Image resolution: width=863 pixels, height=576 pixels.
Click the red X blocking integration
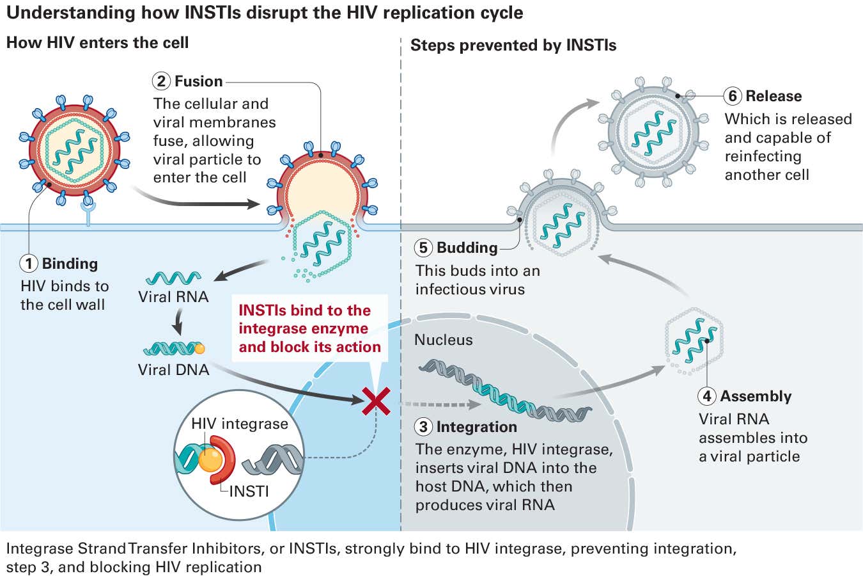(377, 401)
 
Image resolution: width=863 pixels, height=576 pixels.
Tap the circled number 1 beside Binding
(29, 264)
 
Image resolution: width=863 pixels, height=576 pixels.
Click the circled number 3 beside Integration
(423, 427)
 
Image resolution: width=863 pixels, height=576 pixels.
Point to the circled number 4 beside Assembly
(707, 396)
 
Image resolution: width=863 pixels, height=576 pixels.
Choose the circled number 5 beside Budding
(423, 248)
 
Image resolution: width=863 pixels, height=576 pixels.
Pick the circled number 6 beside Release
(733, 96)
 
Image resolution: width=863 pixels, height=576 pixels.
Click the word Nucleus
(443, 340)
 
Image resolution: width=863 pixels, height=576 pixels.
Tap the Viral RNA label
(173, 297)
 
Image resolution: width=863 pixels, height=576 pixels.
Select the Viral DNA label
(173, 370)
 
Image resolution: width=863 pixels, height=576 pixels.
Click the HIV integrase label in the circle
(240, 424)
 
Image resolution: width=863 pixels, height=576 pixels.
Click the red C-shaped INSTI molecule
(226, 458)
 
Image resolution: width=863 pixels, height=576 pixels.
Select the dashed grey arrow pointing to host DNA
(441, 404)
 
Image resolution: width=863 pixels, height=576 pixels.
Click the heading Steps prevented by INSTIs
(513, 45)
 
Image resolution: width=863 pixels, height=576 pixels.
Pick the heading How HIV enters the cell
(97, 43)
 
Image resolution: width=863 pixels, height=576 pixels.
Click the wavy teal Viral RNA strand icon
(173, 278)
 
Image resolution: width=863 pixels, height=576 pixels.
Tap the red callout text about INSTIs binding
(309, 328)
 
